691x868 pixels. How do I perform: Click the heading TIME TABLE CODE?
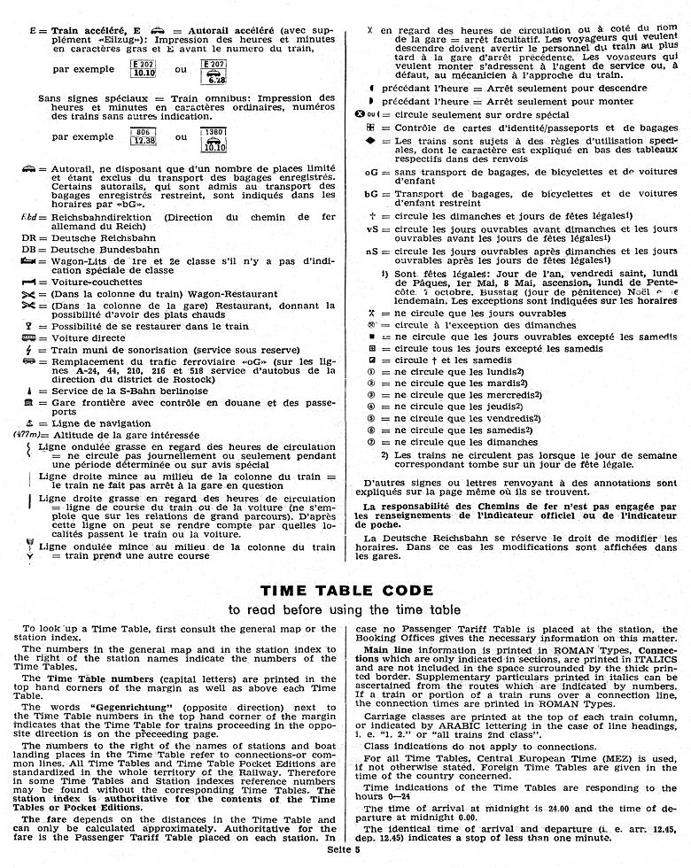pyautogui.click(x=345, y=589)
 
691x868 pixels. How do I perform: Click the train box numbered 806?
pyautogui.click(x=144, y=136)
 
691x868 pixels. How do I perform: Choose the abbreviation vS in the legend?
pyautogui.click(x=371, y=229)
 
